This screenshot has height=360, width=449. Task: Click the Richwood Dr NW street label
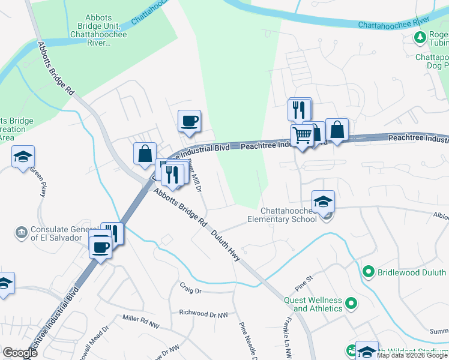(204, 313)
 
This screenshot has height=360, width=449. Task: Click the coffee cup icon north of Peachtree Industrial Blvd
(190, 121)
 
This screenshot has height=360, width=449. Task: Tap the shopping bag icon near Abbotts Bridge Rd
(145, 153)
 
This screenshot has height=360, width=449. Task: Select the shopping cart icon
(301, 136)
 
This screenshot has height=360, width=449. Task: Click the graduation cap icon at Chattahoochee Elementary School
(323, 201)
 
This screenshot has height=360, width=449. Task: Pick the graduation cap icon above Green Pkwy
(23, 157)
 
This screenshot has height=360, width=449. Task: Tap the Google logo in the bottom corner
(20, 353)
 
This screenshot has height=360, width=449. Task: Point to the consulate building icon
(22, 232)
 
